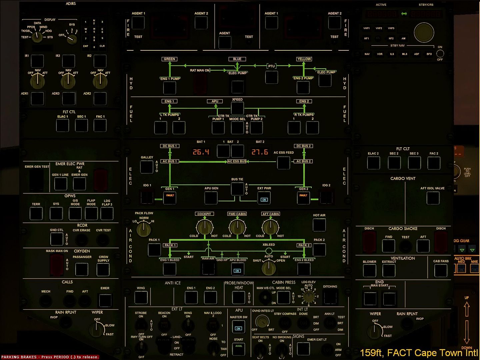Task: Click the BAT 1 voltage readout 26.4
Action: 201,152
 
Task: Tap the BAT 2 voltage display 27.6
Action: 260,152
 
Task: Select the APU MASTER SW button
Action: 238,327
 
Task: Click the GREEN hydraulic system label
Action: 169,59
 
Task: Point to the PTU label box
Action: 271,66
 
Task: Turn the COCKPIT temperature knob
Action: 204,227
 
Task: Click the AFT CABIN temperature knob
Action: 270,227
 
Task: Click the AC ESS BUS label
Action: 237,161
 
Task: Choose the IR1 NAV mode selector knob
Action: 37,80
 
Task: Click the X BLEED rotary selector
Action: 269,266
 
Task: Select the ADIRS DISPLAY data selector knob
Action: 37,37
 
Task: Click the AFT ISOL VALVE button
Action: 433,198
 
